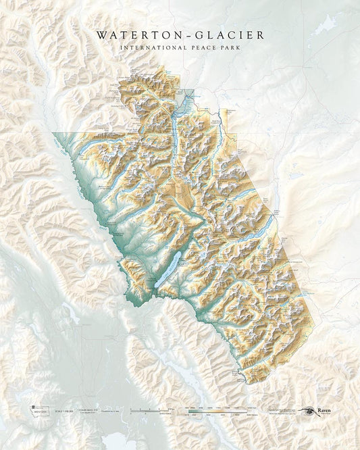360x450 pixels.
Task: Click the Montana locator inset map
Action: click(x=32, y=411)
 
